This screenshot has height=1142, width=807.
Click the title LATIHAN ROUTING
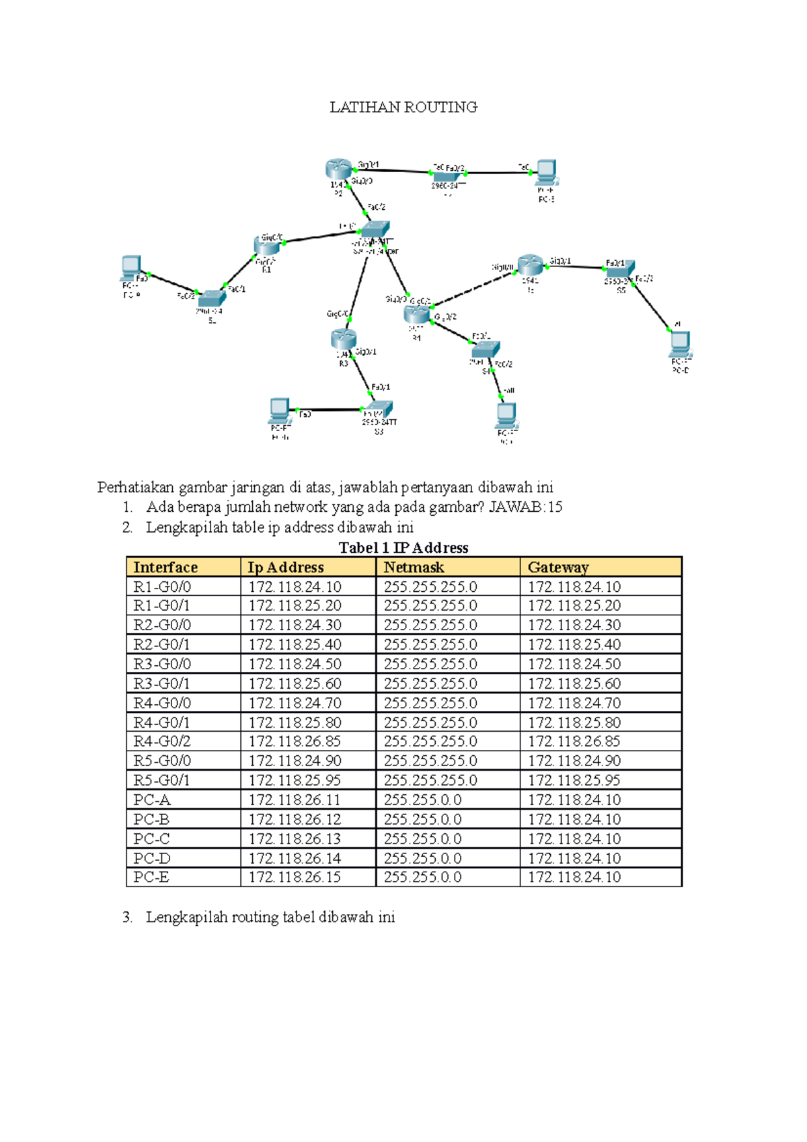tap(403, 107)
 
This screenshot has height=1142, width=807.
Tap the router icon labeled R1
tap(267, 246)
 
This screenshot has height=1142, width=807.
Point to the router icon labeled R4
tap(417, 313)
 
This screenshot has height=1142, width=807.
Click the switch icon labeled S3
tap(377, 409)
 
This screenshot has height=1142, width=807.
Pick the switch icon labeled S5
tap(619, 270)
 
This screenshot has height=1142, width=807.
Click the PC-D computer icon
tap(680, 344)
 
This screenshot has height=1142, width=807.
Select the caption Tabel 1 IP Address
tap(403, 547)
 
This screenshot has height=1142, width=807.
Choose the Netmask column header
tap(414, 567)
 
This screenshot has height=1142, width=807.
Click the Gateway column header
tap(558, 567)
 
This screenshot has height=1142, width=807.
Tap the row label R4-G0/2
tap(162, 741)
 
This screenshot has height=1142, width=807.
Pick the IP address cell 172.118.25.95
tap(295, 780)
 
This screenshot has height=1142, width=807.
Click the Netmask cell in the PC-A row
tap(423, 800)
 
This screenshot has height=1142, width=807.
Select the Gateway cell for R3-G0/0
tap(574, 664)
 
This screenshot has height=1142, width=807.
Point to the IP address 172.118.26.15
tap(295, 877)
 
